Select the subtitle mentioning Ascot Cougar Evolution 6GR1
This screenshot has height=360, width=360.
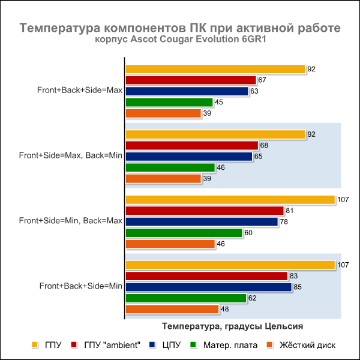(180, 40)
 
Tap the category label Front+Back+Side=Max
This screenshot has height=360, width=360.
(80, 91)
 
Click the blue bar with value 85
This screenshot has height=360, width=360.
(208, 287)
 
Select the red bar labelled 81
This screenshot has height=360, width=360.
(204, 211)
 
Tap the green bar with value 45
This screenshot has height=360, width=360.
(169, 102)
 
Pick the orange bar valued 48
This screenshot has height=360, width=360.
(172, 309)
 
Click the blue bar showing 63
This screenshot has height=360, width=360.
(186, 91)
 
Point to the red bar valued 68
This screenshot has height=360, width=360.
(191, 145)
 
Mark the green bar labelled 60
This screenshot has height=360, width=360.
(184, 233)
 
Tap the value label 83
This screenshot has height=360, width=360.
(293, 275)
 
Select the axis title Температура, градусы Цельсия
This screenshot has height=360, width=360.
(232, 326)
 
